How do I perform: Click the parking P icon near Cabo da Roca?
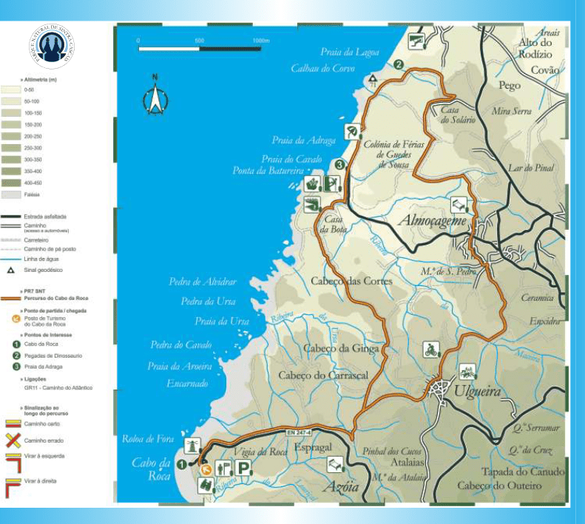click(243, 468)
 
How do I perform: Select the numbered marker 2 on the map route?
click(399, 65)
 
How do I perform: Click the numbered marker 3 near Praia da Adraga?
click(339, 165)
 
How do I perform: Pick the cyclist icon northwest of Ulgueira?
click(430, 350)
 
